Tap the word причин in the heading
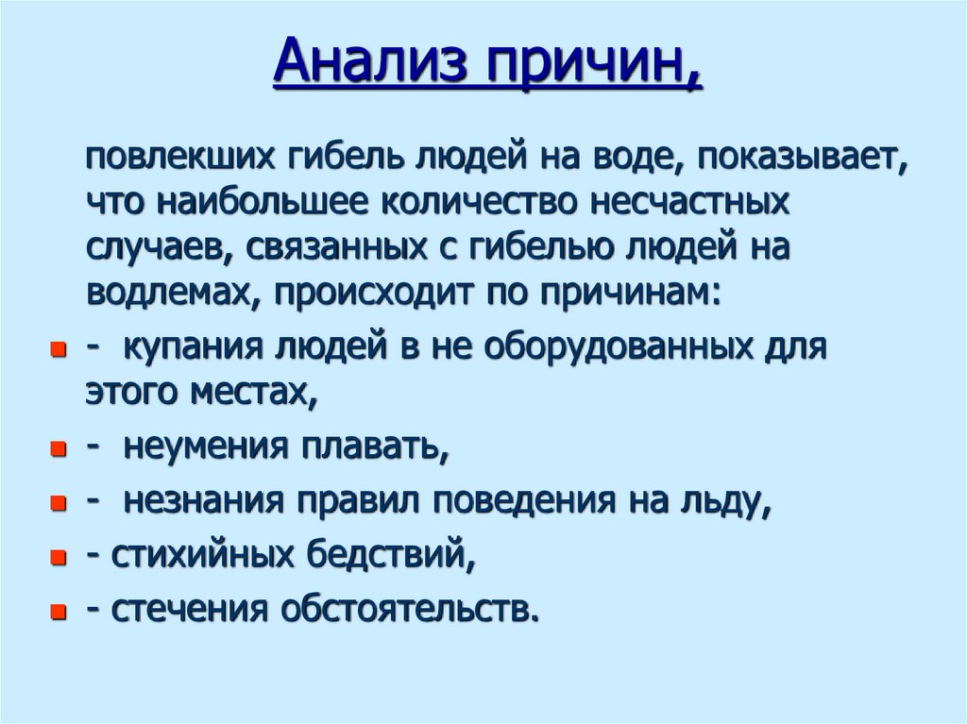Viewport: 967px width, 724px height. (x=592, y=65)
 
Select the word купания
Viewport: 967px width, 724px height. (x=191, y=347)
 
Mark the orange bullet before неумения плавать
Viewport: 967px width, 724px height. (x=58, y=451)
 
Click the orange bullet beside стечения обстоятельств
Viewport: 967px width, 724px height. (x=58, y=612)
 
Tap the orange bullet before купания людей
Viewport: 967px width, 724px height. (x=58, y=351)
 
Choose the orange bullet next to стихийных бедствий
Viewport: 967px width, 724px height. (x=58, y=559)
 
